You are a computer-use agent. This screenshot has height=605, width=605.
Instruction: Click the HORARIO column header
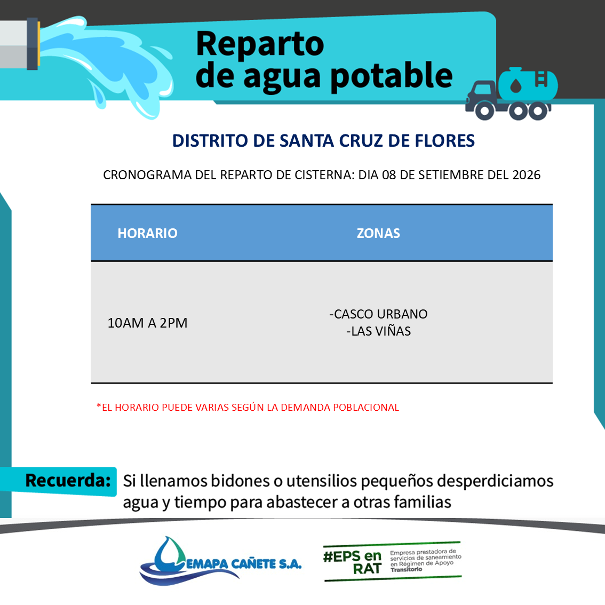pos(147,233)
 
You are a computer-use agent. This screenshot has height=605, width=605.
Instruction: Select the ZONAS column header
pos(378,233)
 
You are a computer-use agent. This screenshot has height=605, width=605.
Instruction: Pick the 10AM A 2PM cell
pos(147,323)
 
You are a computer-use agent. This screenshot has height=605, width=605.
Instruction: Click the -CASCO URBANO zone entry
pos(378,314)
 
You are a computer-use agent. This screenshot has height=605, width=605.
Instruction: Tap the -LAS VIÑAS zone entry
pos(378,331)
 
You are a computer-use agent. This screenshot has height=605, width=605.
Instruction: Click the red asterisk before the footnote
pos(99,405)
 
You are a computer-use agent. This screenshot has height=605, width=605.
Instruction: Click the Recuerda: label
pos(68,480)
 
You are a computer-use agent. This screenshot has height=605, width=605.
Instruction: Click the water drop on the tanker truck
pos(516,85)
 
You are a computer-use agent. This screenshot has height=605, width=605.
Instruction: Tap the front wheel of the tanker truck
pos(484,111)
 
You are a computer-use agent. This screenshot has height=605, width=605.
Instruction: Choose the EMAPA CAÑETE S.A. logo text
pos(244,564)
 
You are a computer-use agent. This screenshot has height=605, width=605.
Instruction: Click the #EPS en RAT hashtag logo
pos(352,562)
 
